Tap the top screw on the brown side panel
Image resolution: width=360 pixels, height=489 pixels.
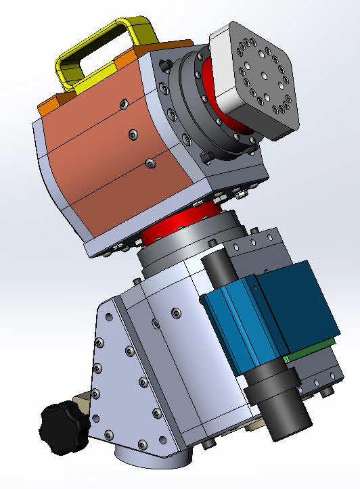(x=122, y=103)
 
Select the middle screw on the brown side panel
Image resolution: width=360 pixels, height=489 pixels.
(x=134, y=135)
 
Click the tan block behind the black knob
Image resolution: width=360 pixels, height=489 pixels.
(x=81, y=406)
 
